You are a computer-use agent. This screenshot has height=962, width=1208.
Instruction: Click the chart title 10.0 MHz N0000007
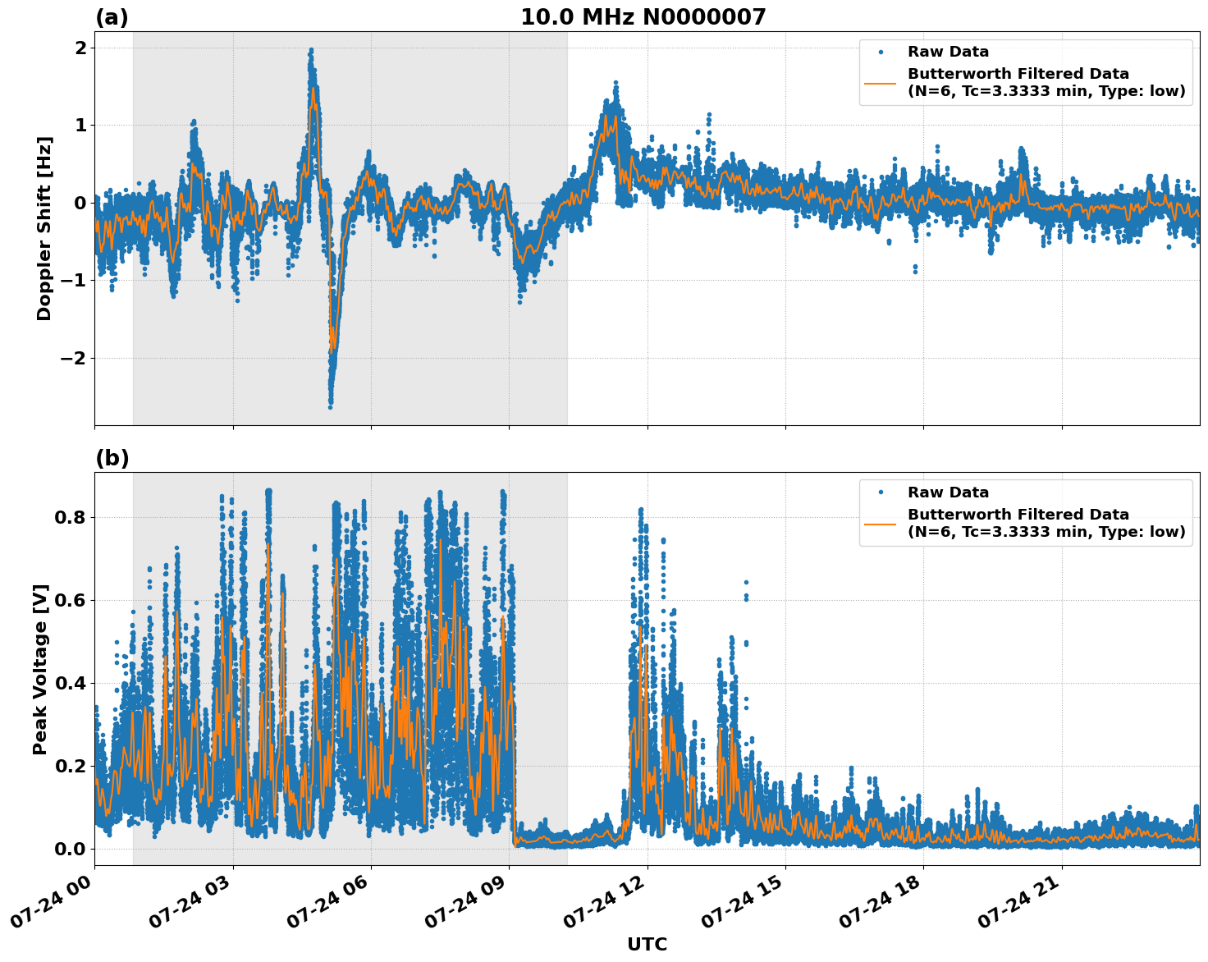(643, 17)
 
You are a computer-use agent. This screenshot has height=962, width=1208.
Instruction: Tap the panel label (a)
(112, 17)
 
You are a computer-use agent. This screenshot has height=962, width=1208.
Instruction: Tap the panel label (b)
(112, 458)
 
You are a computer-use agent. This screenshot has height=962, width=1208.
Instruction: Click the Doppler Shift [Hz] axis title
(44, 228)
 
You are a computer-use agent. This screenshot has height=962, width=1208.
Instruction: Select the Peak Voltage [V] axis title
(40, 669)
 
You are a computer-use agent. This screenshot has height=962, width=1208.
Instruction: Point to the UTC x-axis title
(647, 944)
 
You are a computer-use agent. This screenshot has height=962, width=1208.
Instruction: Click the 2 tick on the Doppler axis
(80, 48)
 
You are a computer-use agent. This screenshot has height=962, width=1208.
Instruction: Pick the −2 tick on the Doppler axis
(72, 358)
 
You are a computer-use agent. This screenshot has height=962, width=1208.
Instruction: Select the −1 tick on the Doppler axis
(72, 281)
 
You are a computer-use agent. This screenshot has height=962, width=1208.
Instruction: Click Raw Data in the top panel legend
(948, 52)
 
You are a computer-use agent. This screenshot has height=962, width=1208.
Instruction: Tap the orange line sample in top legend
(881, 82)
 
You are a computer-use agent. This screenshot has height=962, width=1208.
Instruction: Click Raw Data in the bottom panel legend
(948, 492)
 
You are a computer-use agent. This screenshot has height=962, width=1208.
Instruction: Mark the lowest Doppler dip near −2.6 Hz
(330, 406)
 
